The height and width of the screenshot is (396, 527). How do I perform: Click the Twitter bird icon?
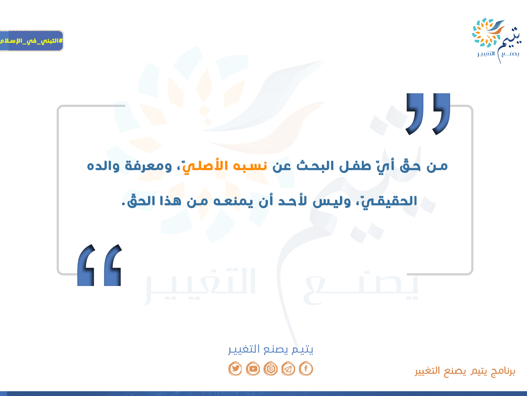pos(235,369)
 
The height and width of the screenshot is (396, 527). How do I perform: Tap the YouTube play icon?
pos(253,369)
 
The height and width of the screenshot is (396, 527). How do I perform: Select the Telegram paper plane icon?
pos(288,369)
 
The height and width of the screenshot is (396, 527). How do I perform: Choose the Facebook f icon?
pos(306,369)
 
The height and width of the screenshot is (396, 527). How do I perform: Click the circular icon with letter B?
pos(271,369)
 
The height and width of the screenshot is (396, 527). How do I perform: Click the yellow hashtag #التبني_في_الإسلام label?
pos(31,41)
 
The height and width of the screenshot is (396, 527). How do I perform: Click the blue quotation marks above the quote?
pos(428,114)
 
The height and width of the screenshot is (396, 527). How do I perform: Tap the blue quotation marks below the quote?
pos(99,265)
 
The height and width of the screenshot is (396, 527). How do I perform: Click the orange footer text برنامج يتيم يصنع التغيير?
pos(465,371)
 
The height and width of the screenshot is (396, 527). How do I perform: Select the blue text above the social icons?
pos(271,349)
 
